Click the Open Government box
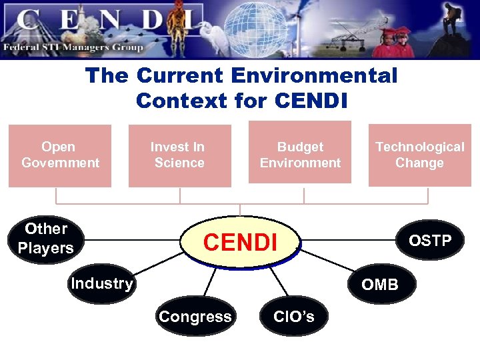click(x=60, y=155)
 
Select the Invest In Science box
click(x=179, y=155)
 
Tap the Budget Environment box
click(x=300, y=154)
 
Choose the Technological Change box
click(x=419, y=155)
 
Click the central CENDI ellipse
click(x=240, y=241)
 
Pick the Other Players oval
click(x=46, y=239)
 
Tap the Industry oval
click(x=101, y=284)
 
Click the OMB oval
click(x=380, y=285)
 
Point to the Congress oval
click(x=195, y=317)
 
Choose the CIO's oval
click(x=294, y=316)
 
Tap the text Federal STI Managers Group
click(x=73, y=47)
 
